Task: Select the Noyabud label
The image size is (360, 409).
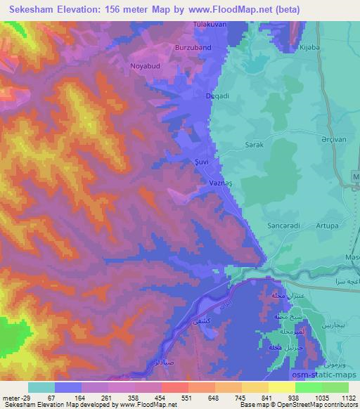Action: (x=146, y=66)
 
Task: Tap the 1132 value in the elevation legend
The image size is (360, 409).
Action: (x=349, y=398)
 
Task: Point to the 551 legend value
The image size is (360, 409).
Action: (x=169, y=398)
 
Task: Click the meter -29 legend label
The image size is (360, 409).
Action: (x=15, y=398)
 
